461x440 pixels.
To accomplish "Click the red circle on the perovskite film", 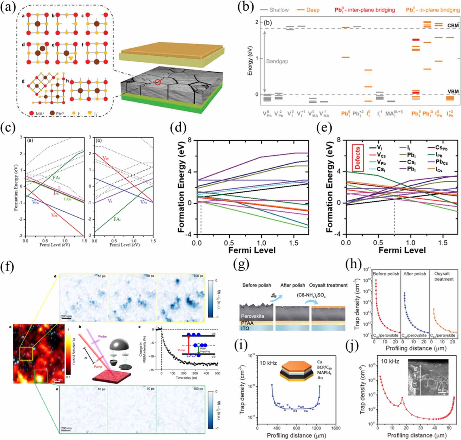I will coord(158,82).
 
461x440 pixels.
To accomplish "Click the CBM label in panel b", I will coord(453,25).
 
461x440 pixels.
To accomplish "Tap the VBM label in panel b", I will coord(453,91).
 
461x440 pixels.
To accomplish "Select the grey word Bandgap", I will coord(277,61).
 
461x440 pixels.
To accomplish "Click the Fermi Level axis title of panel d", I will coord(252,250).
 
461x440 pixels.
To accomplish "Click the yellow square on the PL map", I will coord(26,353).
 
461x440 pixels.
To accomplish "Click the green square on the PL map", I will coord(41,376).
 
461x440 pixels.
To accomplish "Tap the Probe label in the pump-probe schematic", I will coord(102,336).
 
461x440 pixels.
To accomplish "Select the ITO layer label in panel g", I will coord(245,328).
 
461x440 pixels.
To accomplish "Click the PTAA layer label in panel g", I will coord(247,323).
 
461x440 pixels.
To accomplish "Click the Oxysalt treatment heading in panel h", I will coord(443,276).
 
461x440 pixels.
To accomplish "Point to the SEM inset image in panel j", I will coord(428,377).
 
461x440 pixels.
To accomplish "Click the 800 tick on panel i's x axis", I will coord(296,428).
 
